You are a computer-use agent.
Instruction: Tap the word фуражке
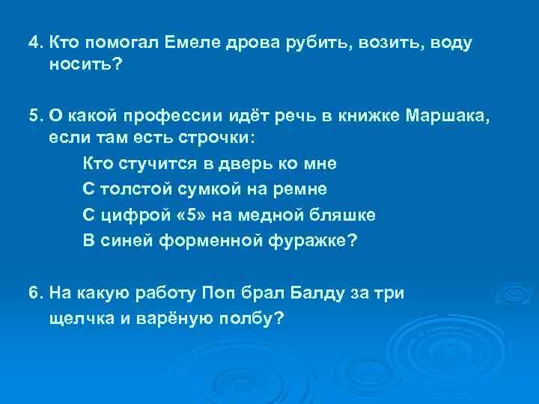click(313, 240)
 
